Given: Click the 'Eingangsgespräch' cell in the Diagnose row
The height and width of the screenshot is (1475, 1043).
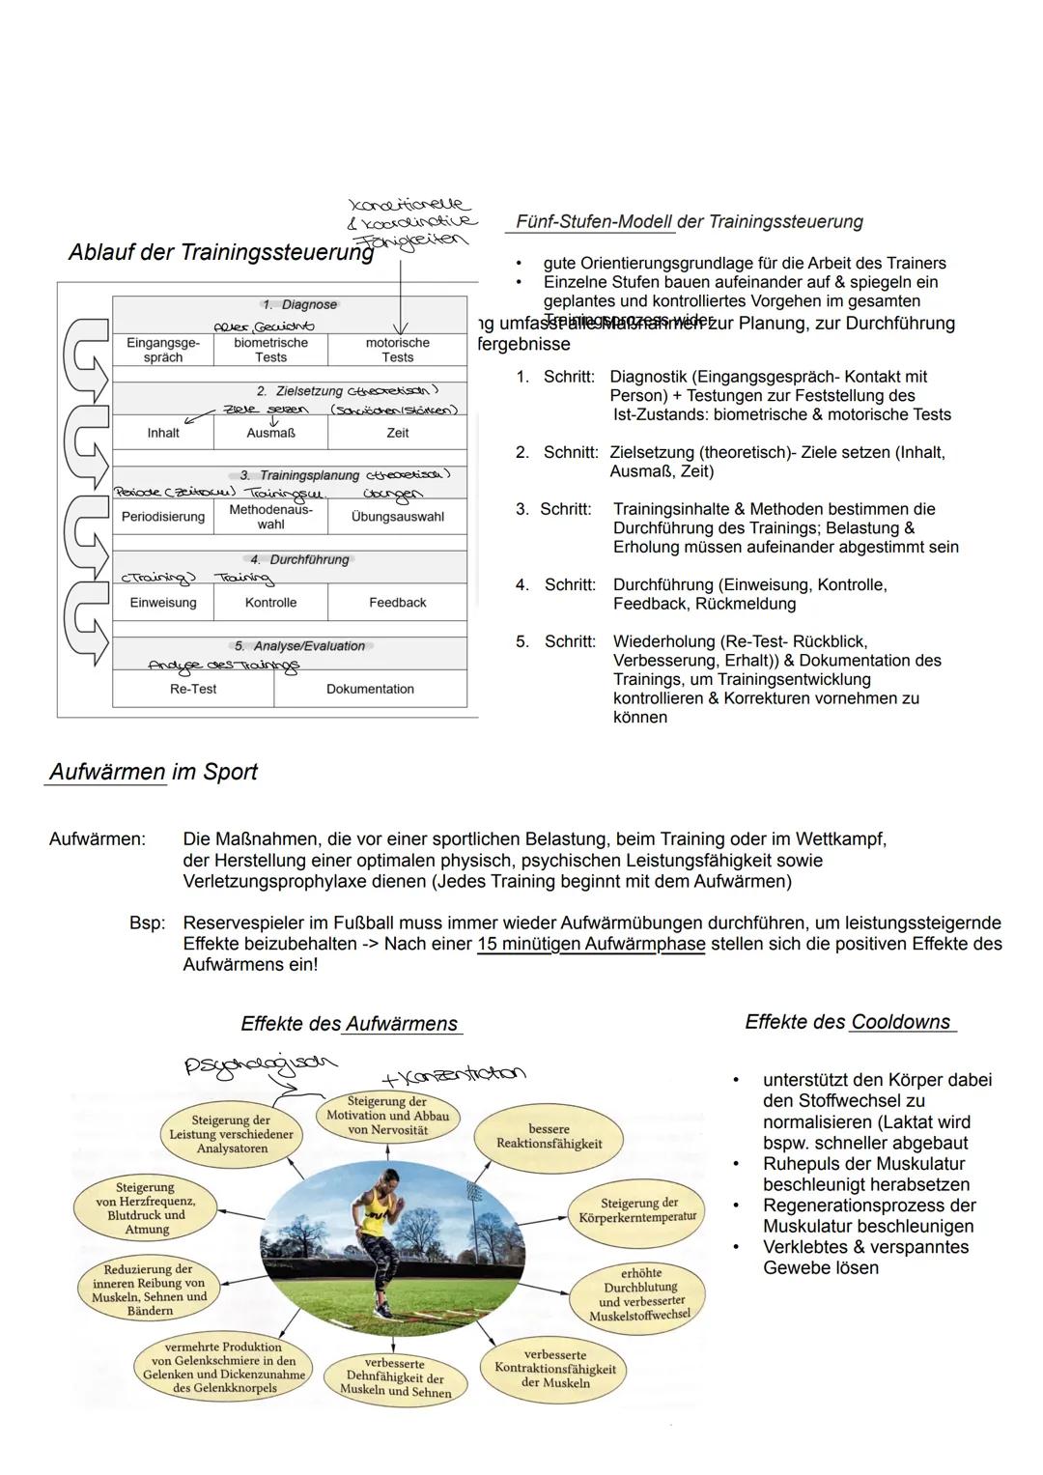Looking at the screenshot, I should tap(163, 350).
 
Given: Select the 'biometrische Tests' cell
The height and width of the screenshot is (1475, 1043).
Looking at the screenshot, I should tap(270, 350).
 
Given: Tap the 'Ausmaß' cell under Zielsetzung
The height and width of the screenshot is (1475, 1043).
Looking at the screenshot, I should tap(270, 433).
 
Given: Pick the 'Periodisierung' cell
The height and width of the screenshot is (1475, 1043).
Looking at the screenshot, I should tap(163, 517).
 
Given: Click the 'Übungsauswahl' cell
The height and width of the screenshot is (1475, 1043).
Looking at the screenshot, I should tap(397, 517).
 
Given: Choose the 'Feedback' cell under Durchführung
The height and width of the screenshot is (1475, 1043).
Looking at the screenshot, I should tap(397, 603).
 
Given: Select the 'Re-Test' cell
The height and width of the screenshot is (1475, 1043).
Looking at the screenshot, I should tap(193, 689).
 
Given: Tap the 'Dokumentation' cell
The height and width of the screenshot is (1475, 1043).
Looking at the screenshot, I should tap(370, 689).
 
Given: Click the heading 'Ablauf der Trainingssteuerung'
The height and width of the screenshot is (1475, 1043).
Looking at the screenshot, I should tap(221, 253).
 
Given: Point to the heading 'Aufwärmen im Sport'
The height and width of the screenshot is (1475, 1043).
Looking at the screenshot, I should tap(153, 772).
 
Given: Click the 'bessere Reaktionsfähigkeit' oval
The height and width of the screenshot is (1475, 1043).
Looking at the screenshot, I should tap(549, 1136).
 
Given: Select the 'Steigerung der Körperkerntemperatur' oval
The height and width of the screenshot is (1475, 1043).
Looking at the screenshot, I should tap(638, 1209).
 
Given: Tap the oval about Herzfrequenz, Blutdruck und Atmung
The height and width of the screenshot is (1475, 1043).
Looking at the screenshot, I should tap(146, 1208).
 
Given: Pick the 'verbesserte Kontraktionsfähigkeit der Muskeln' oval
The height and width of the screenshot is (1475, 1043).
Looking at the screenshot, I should tap(554, 1369).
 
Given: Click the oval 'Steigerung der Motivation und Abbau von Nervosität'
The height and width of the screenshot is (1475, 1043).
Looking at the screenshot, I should tap(386, 1116).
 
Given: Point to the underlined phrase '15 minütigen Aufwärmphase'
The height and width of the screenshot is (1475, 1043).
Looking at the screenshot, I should tap(591, 944).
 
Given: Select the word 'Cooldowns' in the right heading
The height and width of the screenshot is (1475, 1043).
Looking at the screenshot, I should tap(900, 1022).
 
